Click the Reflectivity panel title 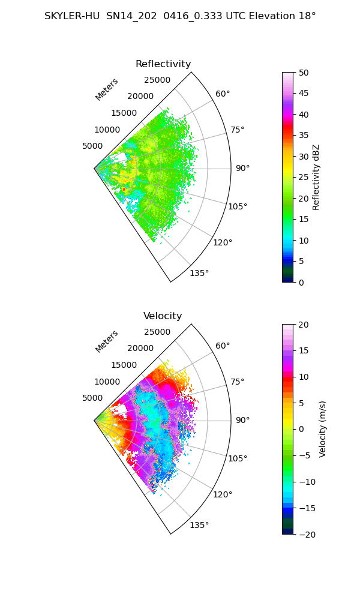coord(163,64)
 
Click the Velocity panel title coord(163,316)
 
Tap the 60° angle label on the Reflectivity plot coord(223,94)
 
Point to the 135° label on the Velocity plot coord(199,525)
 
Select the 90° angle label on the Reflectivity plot coord(242,168)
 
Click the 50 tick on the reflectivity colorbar coord(305,73)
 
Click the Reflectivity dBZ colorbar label coord(316,177)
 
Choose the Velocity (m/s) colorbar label coord(323,429)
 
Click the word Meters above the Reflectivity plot coord(107,89)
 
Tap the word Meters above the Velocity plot coord(107,341)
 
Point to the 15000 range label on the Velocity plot coord(124,365)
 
